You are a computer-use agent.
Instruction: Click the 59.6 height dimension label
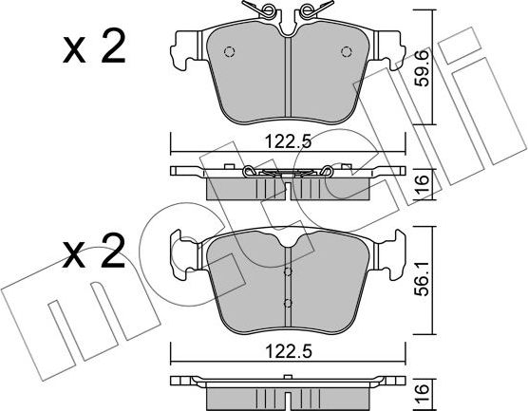tap(423, 67)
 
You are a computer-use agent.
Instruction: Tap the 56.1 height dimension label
tap(423, 279)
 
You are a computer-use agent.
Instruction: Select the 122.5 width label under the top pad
tap(289, 141)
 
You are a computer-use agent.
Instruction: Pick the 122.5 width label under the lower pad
tap(289, 352)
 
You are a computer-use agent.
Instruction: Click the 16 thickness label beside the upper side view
tap(423, 183)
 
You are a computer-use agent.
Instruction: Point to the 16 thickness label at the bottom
tap(423, 394)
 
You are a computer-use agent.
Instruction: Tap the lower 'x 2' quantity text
tap(94, 253)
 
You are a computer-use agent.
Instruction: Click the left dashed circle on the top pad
tap(229, 52)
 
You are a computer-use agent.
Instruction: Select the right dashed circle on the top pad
tap(347, 52)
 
